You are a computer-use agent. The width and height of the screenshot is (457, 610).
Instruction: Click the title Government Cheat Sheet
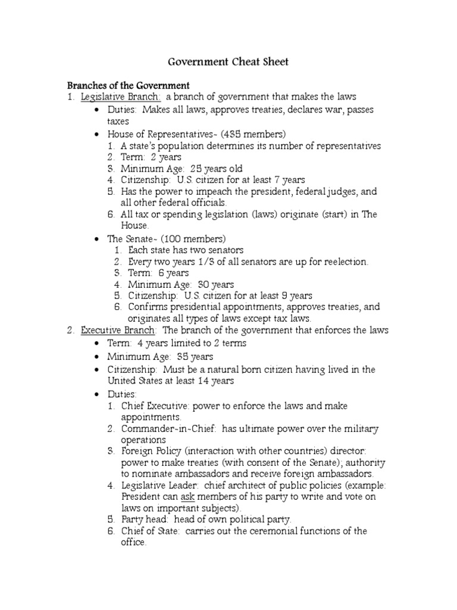228,62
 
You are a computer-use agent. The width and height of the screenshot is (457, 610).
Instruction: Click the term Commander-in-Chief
159,429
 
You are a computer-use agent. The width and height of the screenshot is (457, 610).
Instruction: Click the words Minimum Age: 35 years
159,357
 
